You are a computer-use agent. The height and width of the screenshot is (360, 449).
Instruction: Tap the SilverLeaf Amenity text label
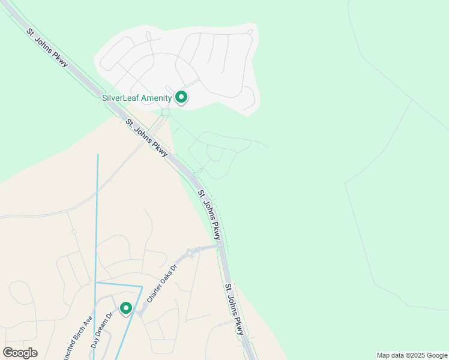click(137, 98)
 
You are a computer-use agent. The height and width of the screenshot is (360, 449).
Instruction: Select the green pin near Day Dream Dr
click(126, 308)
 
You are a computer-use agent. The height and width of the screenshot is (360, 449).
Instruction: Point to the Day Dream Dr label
click(102, 331)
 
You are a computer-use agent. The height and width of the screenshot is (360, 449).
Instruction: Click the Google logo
click(20, 353)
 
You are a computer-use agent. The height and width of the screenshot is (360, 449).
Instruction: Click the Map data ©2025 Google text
click(412, 355)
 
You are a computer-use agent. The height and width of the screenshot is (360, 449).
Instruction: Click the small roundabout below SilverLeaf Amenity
click(165, 113)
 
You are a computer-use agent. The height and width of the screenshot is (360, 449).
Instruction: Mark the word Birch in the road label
click(83, 329)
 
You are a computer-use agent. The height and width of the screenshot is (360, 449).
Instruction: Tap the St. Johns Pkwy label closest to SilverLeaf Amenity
click(146, 138)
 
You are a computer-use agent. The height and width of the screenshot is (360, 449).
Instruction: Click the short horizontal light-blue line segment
click(119, 284)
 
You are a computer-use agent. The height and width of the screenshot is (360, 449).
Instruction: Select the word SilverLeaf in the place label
click(119, 98)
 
